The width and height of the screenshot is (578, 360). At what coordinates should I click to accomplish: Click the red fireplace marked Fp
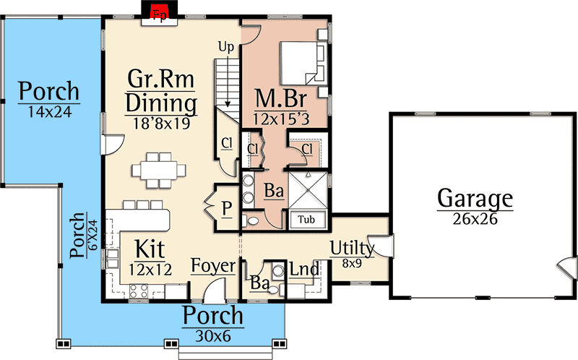pyautogui.click(x=160, y=10)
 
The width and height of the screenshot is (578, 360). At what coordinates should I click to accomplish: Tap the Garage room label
pyautogui.click(x=475, y=199)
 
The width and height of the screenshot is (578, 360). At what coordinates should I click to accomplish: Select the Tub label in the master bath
pyautogui.click(x=306, y=220)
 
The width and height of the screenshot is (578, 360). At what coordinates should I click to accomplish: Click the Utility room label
pyautogui.click(x=352, y=249)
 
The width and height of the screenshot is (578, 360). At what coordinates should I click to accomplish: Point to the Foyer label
pyautogui.click(x=213, y=266)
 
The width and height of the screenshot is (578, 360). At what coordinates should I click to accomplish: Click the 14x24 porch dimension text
pyautogui.click(x=50, y=112)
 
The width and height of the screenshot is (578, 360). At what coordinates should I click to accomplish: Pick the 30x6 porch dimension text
pyautogui.click(x=213, y=336)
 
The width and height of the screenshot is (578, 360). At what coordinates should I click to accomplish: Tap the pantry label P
pyautogui.click(x=227, y=209)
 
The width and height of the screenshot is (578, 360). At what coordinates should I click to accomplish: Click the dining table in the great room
pyautogui.click(x=159, y=171)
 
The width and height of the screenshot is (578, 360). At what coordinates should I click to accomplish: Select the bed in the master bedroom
pyautogui.click(x=303, y=64)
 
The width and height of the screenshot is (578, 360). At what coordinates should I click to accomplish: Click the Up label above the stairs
pyautogui.click(x=226, y=48)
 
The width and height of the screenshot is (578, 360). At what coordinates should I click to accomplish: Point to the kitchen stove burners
pyautogui.click(x=139, y=291)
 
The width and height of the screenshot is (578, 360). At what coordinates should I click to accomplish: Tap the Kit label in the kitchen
pyautogui.click(x=150, y=249)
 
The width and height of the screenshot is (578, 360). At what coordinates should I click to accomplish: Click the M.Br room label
pyautogui.click(x=281, y=99)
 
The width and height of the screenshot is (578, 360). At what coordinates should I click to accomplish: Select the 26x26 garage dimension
pyautogui.click(x=475, y=219)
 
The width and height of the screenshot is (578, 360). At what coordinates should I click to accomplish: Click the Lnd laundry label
pyautogui.click(x=304, y=269)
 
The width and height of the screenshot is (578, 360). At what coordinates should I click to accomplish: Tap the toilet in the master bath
pyautogui.click(x=251, y=221)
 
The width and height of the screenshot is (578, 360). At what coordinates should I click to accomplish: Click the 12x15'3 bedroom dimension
pyautogui.click(x=281, y=119)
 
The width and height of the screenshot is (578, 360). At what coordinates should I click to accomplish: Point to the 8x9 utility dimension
pyautogui.click(x=352, y=263)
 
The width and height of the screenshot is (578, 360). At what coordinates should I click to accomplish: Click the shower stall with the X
pyautogui.click(x=308, y=189)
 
